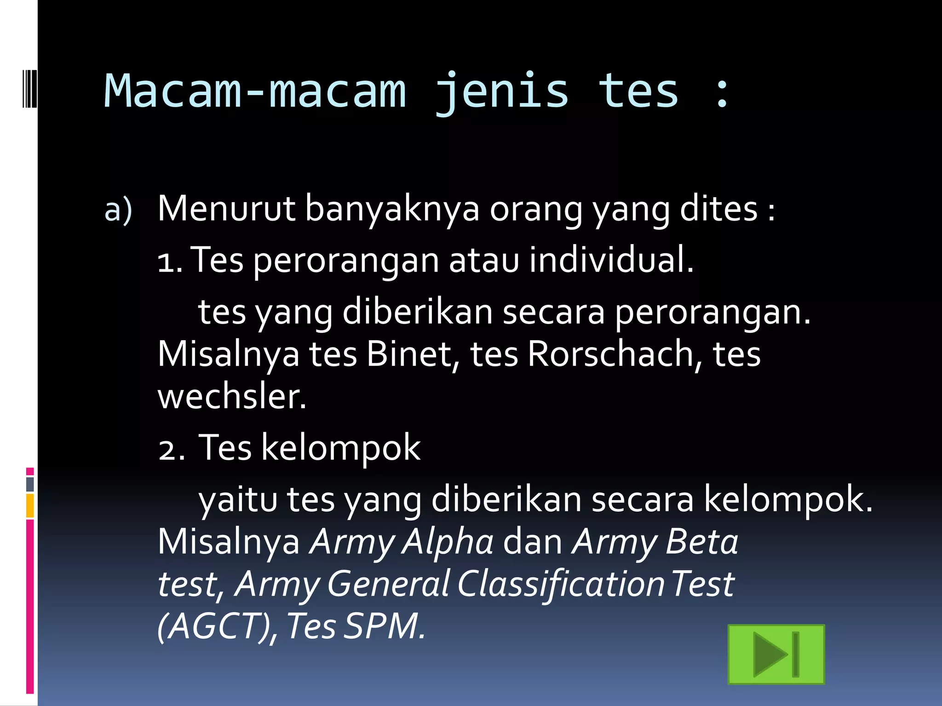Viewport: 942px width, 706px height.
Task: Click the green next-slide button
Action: click(x=776, y=655)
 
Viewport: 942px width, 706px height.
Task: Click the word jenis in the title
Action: click(x=501, y=91)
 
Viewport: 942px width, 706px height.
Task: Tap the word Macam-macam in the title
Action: click(x=255, y=91)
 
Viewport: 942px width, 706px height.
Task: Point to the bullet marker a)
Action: click(x=118, y=211)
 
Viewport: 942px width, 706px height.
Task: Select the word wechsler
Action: click(x=231, y=397)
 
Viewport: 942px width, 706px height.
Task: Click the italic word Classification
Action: click(x=561, y=584)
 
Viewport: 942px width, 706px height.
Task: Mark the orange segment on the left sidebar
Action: click(x=30, y=506)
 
